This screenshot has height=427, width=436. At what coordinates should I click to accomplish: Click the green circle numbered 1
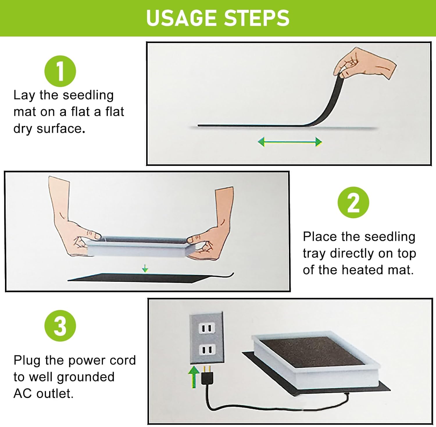coord(60,71)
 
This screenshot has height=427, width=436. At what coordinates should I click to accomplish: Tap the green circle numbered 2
coord(353,203)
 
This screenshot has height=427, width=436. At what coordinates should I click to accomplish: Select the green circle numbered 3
coord(60,326)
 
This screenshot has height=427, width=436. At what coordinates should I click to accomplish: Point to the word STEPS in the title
coord(257,18)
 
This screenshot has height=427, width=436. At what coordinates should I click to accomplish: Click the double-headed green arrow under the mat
coord(290,142)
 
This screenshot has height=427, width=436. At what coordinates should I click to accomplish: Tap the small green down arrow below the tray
coord(145,268)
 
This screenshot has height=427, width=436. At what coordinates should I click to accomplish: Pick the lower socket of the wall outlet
coord(207,350)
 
